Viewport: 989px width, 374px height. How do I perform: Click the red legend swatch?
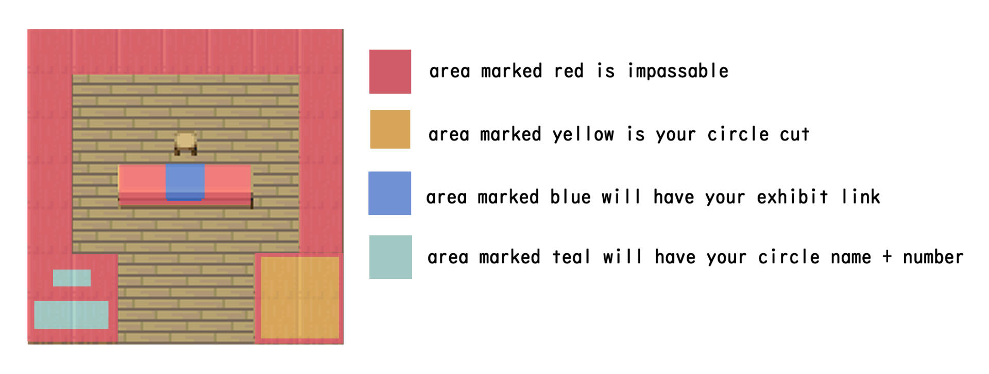click(390, 72)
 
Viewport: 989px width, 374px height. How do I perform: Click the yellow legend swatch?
click(390, 129)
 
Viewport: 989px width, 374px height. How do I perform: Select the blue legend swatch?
click(389, 193)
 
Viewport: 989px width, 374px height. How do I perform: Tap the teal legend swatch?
click(390, 257)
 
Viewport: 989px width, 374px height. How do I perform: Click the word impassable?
click(678, 71)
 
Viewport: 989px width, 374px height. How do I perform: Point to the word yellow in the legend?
click(583, 135)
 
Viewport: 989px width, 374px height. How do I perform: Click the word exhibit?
click(792, 197)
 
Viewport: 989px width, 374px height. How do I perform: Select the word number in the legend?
click(933, 257)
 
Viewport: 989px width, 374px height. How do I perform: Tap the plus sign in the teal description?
click(887, 257)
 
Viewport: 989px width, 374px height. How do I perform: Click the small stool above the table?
click(185, 144)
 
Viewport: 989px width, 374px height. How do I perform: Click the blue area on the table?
click(185, 182)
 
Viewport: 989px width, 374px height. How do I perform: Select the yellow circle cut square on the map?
click(300, 297)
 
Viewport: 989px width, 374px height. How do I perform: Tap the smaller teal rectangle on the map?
click(72, 278)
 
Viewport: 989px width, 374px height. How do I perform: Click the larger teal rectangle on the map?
click(71, 315)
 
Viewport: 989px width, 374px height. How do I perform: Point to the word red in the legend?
click(569, 71)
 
